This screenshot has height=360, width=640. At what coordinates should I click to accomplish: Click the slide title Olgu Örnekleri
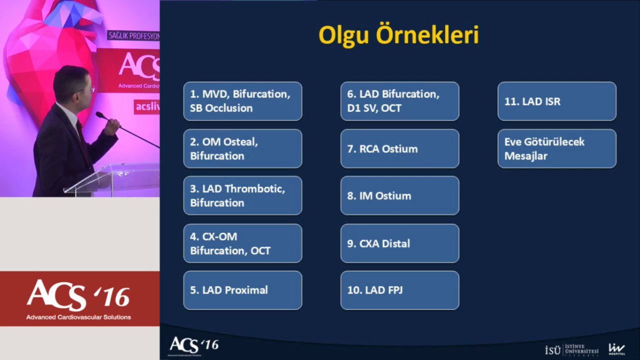(398, 35)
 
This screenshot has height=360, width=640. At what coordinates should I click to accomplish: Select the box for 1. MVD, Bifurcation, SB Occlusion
(242, 101)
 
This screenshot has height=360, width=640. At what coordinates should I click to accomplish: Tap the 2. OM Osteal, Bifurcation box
(242, 148)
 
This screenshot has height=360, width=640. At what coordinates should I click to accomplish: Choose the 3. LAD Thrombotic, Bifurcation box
(242, 195)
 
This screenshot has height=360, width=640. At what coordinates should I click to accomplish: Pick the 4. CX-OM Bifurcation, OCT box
(242, 243)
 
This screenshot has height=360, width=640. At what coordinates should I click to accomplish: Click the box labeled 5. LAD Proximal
(242, 290)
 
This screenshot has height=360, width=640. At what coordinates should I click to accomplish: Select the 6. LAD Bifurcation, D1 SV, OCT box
(399, 101)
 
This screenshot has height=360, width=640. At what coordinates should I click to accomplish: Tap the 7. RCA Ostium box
(399, 148)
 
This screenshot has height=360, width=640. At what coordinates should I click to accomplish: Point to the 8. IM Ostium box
(399, 195)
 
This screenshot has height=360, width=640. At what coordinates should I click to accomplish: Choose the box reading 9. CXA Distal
(399, 243)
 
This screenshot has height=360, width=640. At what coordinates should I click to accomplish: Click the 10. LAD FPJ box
(399, 290)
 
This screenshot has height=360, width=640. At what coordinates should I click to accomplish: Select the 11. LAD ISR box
(557, 101)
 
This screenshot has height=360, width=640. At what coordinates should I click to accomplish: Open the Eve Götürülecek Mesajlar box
(557, 148)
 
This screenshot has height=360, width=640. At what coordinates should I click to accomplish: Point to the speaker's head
(73, 85)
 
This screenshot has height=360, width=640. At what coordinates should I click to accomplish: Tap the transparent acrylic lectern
(114, 180)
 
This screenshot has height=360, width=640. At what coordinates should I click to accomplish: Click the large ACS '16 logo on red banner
(78, 298)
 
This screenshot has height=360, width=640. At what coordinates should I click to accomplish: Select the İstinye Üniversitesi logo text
(571, 350)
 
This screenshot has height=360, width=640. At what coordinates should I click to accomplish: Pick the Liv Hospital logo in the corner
(616, 349)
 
